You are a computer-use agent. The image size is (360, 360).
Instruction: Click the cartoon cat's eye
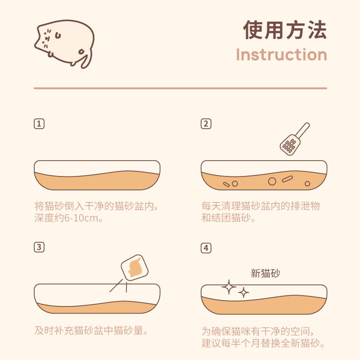58,35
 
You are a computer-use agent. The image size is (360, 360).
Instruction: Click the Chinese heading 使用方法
285,30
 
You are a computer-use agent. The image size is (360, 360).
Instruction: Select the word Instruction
282,54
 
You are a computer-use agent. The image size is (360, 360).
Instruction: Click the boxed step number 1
39,124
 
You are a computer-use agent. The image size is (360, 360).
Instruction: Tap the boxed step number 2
206,124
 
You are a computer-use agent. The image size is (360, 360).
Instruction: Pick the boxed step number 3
39,247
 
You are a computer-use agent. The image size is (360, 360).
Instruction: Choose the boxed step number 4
206,248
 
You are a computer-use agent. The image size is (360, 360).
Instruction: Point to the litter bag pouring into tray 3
135,267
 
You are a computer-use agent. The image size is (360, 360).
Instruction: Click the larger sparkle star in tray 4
229,287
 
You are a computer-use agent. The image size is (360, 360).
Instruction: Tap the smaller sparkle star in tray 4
243,292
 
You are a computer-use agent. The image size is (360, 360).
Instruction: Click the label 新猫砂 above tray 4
265,273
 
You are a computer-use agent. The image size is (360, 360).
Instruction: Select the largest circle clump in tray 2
272,181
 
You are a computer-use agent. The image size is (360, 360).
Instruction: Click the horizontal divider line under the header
180,88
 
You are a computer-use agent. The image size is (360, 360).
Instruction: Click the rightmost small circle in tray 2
307,184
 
